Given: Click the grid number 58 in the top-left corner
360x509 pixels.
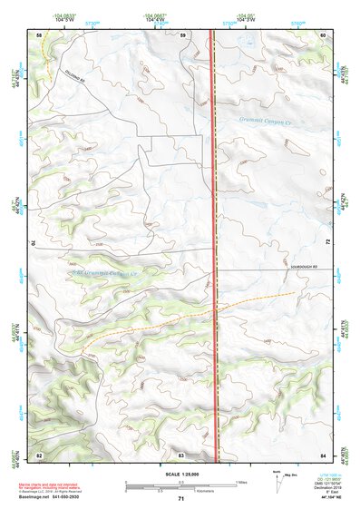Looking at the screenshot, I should [x=39, y=34].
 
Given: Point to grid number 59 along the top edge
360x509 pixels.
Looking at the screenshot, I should [x=182, y=34].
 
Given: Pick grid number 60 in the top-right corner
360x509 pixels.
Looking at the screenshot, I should [x=323, y=34].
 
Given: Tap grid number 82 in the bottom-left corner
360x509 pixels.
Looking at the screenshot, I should [x=39, y=454].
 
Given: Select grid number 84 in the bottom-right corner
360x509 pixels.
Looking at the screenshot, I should [x=323, y=454].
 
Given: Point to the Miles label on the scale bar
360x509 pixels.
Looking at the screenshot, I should [x=242, y=481].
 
